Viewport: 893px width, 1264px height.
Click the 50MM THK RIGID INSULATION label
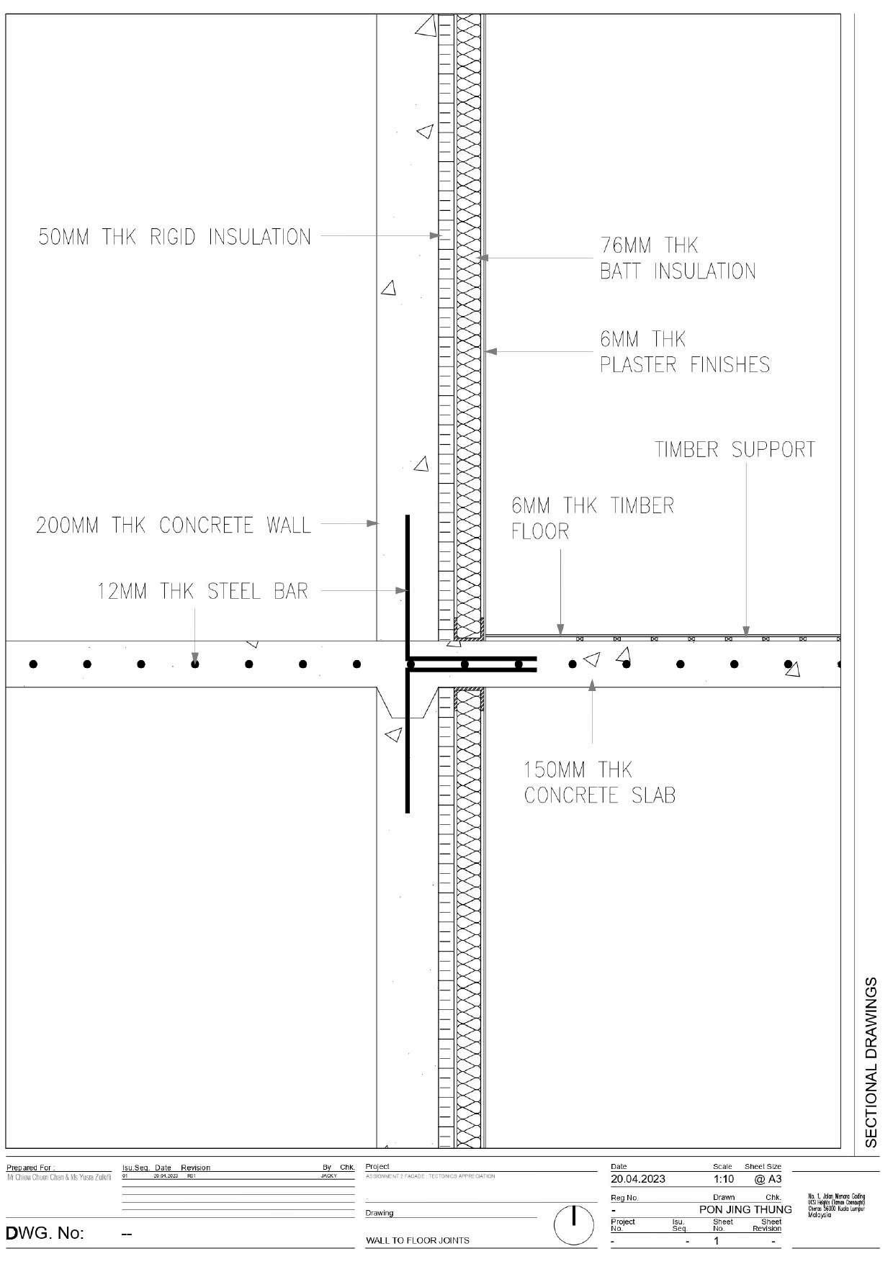tap(174, 237)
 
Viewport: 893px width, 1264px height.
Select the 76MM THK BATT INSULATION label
tap(678, 258)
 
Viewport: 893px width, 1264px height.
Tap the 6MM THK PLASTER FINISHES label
tap(685, 351)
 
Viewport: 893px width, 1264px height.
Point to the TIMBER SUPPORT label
tap(735, 450)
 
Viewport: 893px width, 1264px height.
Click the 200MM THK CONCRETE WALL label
tap(174, 525)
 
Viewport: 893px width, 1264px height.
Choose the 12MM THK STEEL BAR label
tap(202, 592)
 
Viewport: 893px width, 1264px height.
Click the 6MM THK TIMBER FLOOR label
tap(592, 518)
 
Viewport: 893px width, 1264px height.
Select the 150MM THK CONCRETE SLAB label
tap(599, 782)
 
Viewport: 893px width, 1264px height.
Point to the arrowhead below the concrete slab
tap(592, 685)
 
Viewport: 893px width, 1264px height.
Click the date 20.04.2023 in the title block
tap(637, 1179)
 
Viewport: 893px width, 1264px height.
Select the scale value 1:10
tap(723, 1179)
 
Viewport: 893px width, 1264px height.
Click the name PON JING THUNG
tap(745, 1209)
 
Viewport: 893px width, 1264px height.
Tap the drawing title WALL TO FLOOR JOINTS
tap(417, 1240)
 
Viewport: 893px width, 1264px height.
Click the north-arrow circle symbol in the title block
tap(573, 1224)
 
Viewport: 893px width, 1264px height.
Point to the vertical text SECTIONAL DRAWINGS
tap(871, 1062)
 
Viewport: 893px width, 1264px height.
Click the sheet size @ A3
tap(767, 1179)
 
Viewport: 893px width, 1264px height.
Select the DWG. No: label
tap(45, 1234)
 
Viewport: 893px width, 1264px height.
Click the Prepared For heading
tap(30, 1168)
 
